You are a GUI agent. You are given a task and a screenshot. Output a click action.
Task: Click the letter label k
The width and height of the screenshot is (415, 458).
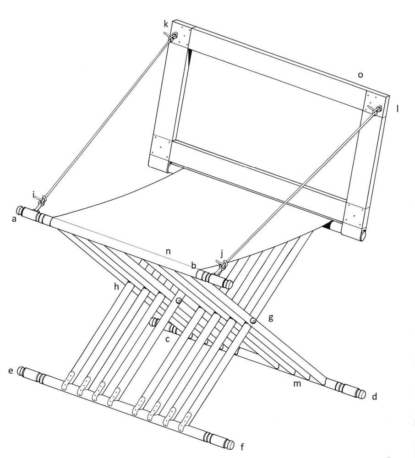[x=166, y=24]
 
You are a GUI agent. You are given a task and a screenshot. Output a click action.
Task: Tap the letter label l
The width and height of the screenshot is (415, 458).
[x=397, y=109]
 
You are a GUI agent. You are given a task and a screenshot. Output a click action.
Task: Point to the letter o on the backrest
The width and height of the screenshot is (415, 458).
[x=360, y=75]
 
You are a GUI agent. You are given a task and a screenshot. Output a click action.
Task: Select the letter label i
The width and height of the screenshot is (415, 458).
[x=33, y=194]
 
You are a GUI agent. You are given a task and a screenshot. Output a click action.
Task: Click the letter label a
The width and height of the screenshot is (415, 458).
[x=14, y=219]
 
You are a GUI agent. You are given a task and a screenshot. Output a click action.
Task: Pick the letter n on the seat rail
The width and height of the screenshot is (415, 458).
[x=168, y=251]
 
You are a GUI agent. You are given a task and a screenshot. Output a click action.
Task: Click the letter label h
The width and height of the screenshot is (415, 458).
[x=117, y=287]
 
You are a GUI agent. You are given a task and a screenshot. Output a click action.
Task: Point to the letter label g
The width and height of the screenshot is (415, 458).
[x=271, y=318]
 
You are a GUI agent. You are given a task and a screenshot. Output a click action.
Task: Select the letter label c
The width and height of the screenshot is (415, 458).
[x=167, y=339]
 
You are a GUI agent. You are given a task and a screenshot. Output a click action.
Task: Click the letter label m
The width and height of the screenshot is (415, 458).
[x=297, y=383]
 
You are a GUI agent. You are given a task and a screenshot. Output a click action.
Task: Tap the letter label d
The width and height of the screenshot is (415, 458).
[x=374, y=396]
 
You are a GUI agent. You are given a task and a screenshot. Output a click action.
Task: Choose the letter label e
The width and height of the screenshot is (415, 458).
[x=11, y=371]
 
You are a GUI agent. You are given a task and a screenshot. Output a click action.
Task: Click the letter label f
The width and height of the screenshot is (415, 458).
[x=242, y=447]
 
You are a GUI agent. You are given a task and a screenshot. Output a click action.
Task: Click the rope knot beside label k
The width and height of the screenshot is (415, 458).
[x=174, y=36]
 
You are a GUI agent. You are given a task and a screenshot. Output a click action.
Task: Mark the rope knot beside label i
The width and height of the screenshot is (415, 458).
[x=43, y=201]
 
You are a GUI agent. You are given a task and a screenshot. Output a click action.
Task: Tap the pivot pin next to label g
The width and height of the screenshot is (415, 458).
[x=253, y=321]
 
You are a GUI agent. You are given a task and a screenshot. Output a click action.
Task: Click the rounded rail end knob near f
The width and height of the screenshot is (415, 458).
[x=230, y=445]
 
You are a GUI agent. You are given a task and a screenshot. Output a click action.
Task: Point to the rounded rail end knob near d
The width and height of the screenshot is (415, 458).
[x=361, y=394]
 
